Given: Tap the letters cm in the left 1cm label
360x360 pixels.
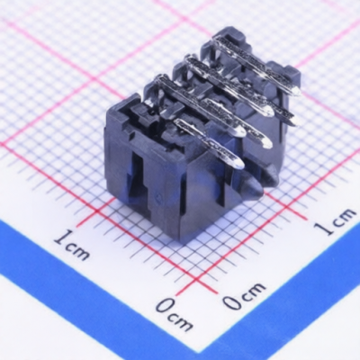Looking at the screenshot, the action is tap(77, 251).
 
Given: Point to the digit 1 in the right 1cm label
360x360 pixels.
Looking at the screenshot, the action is tap(324, 228).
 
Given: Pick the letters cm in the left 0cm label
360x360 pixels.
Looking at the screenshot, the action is tap(181, 322).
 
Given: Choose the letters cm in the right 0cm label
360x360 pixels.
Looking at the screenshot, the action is tap(254, 290).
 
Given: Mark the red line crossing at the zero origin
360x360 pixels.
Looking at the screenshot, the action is tap(197, 281).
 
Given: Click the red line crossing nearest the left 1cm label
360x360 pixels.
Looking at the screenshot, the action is tap(96, 211).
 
